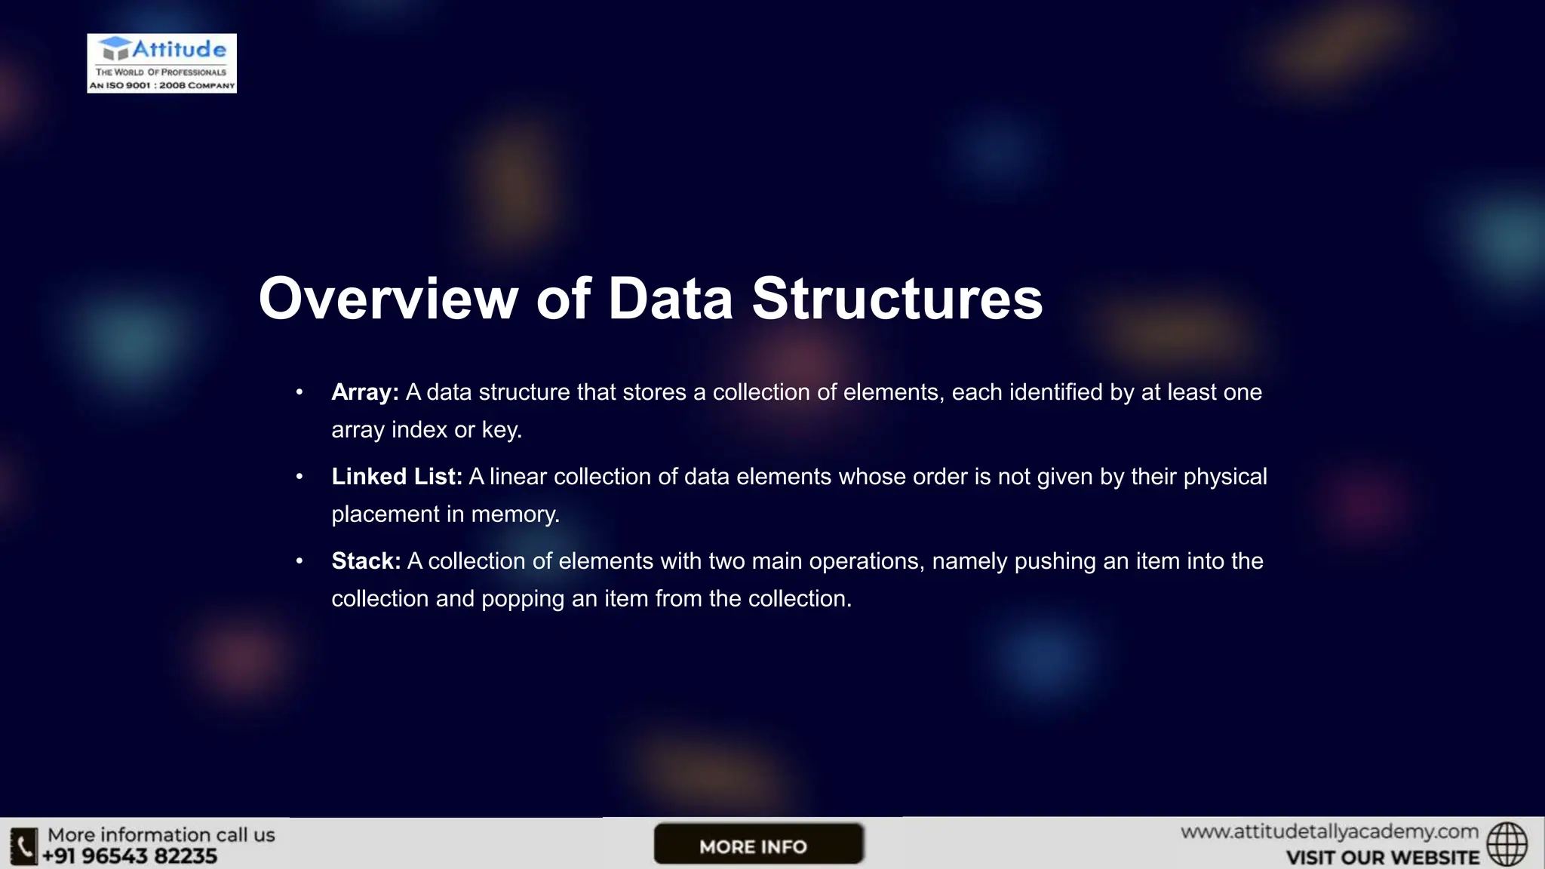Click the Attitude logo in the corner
[161, 63]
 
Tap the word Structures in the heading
[897, 299]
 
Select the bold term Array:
[365, 392]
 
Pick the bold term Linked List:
[397, 477]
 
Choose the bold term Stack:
[366, 561]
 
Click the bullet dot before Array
[299, 392]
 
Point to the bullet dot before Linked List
[299, 477]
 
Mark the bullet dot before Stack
[299, 561]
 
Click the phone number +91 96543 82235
[130, 856]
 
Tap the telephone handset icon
[23, 846]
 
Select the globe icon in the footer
[1507, 844]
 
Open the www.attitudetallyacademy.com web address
[1329, 832]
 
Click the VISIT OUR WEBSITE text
[1382, 858]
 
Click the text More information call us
[161, 835]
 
